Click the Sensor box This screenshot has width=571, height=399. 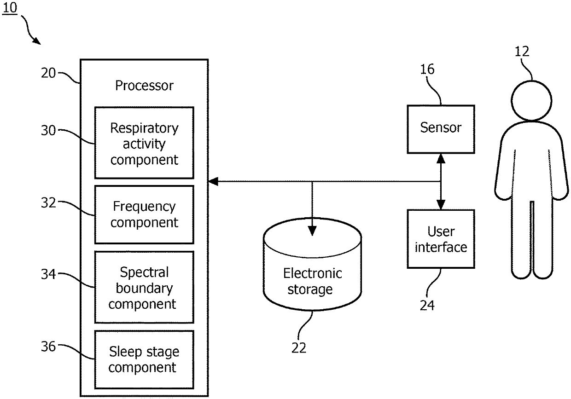440,129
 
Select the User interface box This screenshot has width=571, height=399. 440,239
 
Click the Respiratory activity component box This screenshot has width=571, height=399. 144,143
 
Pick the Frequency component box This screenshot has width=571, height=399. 144,214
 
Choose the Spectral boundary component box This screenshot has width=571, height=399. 144,288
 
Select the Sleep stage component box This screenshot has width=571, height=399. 144,359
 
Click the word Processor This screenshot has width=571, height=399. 144,86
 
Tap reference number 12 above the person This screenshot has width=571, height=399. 522,51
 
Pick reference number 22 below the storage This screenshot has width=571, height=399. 298,348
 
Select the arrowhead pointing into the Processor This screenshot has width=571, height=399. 213,182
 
